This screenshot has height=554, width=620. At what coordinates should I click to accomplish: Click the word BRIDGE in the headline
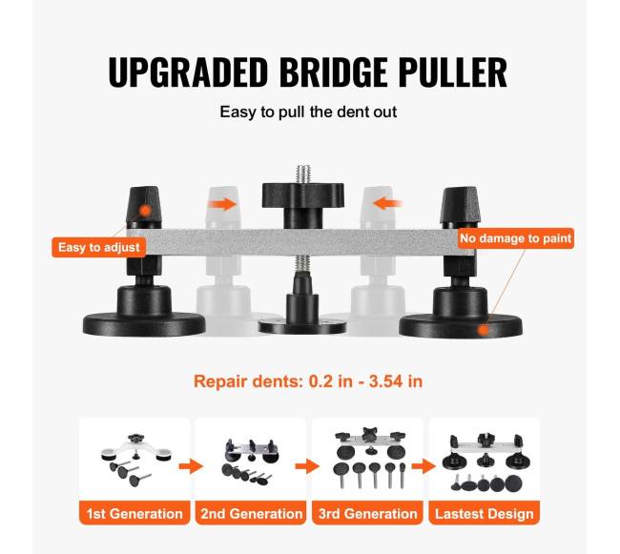pyautogui.click(x=333, y=72)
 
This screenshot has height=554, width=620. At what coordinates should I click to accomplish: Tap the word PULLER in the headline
pyautogui.click(x=452, y=72)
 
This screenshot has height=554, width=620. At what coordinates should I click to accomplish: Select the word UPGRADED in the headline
pyautogui.click(x=188, y=72)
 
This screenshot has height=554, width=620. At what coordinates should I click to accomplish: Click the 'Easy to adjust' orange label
pyautogui.click(x=99, y=247)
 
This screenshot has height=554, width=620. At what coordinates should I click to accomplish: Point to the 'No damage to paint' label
pyautogui.click(x=516, y=238)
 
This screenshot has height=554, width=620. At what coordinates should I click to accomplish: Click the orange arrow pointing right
pyautogui.click(x=222, y=204)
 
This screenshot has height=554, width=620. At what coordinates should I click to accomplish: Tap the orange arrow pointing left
pyautogui.click(x=387, y=204)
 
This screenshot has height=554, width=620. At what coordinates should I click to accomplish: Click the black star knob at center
pyautogui.click(x=302, y=195)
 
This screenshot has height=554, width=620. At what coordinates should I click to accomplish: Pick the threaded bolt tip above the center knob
pyautogui.click(x=302, y=174)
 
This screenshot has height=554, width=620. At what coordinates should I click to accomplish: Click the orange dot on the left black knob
pyautogui.click(x=146, y=211)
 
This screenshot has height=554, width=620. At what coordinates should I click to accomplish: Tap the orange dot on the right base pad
pyautogui.click(x=483, y=330)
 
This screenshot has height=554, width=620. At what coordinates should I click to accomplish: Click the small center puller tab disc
pyautogui.click(x=302, y=326)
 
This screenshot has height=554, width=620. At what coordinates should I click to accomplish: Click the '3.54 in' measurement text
pyautogui.click(x=396, y=381)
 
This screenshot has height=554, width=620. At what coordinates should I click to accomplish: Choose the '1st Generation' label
pyautogui.click(x=134, y=514)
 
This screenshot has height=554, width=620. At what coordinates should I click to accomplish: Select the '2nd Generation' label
pyautogui.click(x=251, y=514)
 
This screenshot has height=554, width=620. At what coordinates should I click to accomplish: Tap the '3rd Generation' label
pyautogui.click(x=368, y=514)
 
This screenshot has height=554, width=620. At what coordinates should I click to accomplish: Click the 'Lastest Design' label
pyautogui.click(x=485, y=514)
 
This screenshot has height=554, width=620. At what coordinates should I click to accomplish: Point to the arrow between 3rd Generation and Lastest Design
pyautogui.click(x=424, y=466)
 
